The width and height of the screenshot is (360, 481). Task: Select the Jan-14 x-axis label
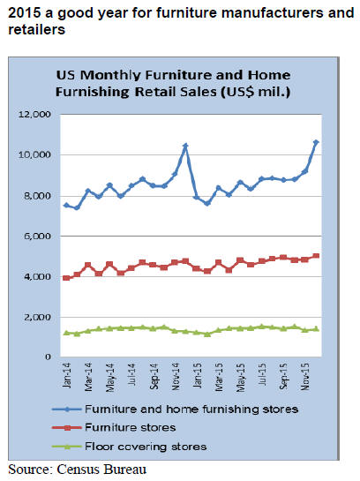point(66,375)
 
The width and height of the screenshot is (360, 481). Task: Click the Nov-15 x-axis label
point(305,377)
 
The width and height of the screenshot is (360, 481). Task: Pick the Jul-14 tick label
point(131,374)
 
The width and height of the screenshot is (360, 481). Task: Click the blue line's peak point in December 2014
point(185,146)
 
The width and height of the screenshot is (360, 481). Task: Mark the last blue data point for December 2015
point(316,142)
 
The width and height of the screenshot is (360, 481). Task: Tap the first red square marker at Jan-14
point(66,278)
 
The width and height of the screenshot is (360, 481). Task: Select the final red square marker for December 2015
point(317,256)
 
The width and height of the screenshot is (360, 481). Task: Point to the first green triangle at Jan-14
point(66,333)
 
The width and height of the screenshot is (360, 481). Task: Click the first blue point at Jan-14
point(66,205)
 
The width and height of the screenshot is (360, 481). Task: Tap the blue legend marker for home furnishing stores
point(67,410)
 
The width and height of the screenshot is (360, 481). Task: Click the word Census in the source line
point(78,470)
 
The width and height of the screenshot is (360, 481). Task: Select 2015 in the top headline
point(24,13)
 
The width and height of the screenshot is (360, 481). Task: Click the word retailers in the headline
point(36,30)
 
